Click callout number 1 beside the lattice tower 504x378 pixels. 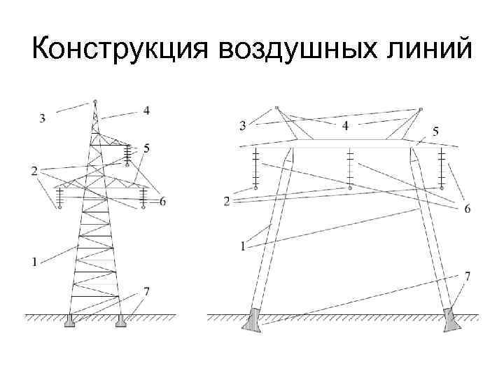coord(34,262)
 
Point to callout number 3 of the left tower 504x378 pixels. coord(43,118)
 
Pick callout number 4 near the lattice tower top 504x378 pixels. coord(146,110)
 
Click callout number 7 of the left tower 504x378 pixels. coord(146,290)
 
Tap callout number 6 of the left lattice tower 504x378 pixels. coord(162,202)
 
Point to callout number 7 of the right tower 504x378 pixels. coord(467,276)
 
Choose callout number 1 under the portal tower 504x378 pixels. coord(242,245)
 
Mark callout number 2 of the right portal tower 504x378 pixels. coord(226,202)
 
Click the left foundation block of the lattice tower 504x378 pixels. coord(69,321)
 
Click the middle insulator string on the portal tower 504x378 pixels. coord(349,168)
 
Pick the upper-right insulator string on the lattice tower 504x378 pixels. coord(127,154)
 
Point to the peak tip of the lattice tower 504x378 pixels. coord(94,102)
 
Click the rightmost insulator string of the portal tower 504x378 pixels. coord(442,168)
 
